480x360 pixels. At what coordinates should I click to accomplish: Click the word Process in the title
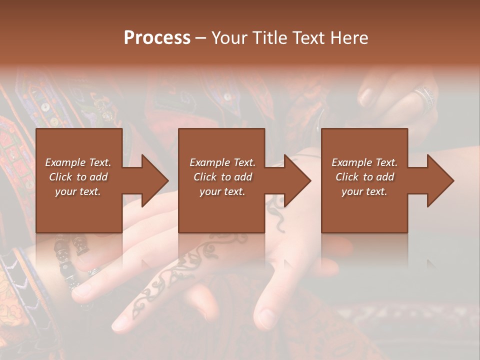(x=157, y=38)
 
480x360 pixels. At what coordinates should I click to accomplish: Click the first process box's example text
(x=78, y=177)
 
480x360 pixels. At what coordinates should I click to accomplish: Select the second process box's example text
(x=222, y=177)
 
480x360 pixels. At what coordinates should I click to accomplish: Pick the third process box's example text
(x=364, y=177)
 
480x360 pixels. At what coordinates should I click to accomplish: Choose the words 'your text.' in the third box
(x=364, y=191)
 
